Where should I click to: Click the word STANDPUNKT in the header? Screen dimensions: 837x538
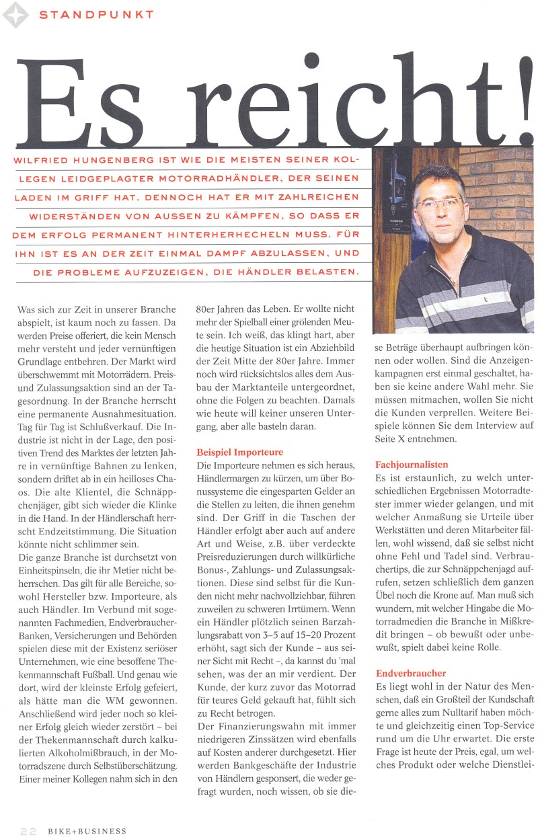click(x=96, y=14)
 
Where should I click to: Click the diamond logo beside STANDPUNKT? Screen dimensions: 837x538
click(x=15, y=15)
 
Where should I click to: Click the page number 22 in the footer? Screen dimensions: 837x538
click(x=28, y=831)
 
